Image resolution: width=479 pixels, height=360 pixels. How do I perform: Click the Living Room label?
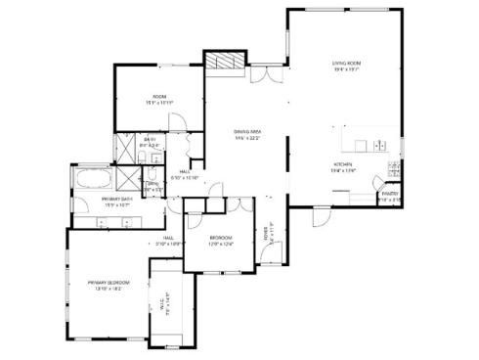[x=347, y=66]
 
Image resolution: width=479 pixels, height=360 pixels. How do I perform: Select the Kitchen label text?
[x=343, y=165]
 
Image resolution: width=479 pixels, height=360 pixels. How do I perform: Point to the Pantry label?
[x=389, y=196]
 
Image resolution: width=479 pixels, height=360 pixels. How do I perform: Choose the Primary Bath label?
[x=117, y=201]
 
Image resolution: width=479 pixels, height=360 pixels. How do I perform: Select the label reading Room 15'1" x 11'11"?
[x=159, y=100]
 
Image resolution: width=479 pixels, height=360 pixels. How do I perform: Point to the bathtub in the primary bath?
[x=92, y=178]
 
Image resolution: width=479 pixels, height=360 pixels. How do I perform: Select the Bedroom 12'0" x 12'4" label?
[x=222, y=240]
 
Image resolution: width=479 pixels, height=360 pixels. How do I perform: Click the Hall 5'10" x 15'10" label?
[x=185, y=176]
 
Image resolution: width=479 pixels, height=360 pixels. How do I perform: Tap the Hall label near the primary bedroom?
[x=168, y=240]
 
